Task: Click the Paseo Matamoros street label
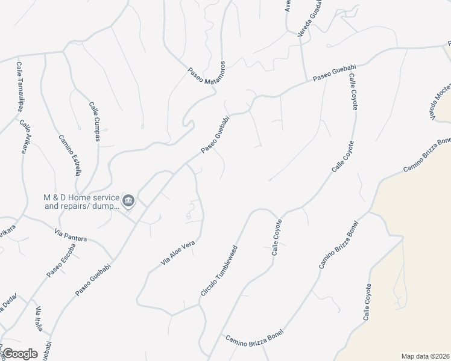[206, 76]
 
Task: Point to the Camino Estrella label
[69, 155]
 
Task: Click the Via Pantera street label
[71, 235]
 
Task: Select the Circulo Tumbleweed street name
[219, 270]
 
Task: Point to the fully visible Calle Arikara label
[24, 137]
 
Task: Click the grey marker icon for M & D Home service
[128, 200]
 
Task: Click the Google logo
[19, 353]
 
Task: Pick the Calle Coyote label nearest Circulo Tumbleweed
[277, 238]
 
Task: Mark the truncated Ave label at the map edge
[288, 6]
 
